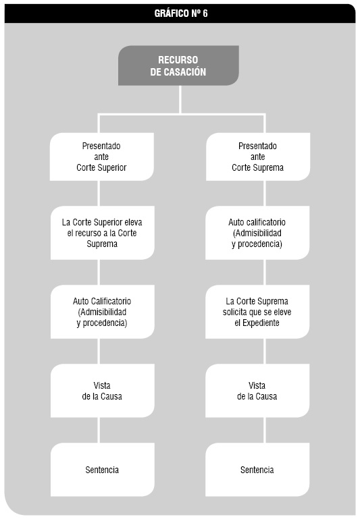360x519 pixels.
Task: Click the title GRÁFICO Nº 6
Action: click(x=181, y=13)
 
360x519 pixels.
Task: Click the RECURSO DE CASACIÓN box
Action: click(x=178, y=65)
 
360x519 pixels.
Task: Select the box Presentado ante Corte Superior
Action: click(x=102, y=157)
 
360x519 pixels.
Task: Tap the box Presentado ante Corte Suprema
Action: click(x=258, y=157)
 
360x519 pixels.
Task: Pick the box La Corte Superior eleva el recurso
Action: click(x=103, y=233)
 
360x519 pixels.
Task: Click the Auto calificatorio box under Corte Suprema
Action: click(x=257, y=233)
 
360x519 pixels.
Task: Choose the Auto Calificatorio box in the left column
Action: click(x=103, y=312)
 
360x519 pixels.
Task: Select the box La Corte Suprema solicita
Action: click(x=257, y=312)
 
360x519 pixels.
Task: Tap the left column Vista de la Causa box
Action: click(x=103, y=391)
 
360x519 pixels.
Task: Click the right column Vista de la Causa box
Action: click(x=257, y=391)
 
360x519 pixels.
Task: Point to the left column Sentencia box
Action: click(x=103, y=470)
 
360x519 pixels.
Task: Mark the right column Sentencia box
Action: click(x=257, y=470)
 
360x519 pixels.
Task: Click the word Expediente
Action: click(x=261, y=323)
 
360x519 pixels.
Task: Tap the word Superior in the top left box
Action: click(x=112, y=168)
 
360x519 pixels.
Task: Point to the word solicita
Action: click(x=235, y=312)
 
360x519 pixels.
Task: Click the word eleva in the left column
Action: click(x=133, y=222)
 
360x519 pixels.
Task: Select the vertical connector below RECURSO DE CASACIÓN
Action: click(x=180, y=100)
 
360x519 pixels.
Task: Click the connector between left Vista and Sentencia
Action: click(x=99, y=431)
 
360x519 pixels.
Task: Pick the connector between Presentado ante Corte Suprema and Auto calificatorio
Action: click(x=265, y=193)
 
